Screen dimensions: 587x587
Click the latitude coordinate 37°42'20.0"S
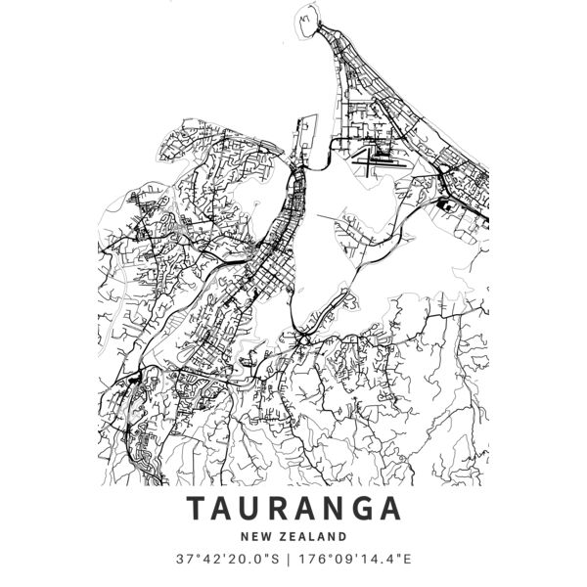226,560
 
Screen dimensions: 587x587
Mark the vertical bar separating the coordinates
287,560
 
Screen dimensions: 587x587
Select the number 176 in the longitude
311,560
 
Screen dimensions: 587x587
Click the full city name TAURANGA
293,510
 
